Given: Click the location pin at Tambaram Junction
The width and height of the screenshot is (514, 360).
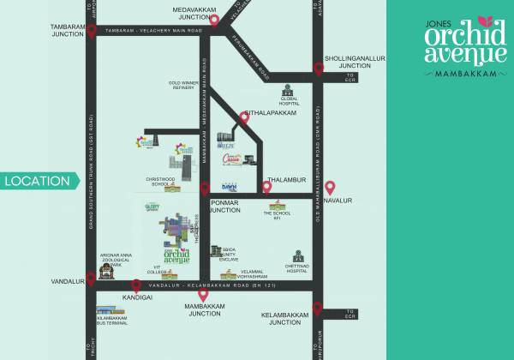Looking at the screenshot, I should (x=91, y=44).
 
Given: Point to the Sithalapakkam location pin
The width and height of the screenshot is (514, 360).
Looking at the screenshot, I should (x=244, y=120).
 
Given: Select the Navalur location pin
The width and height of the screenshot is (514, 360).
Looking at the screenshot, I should (x=330, y=189).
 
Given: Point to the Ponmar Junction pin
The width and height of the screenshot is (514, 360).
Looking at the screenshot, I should (x=204, y=189).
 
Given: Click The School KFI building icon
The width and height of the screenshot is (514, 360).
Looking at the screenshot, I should (x=277, y=207).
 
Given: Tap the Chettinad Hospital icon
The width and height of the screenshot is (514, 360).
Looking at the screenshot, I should (x=297, y=256).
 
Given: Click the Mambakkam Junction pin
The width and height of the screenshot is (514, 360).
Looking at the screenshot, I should (x=204, y=297).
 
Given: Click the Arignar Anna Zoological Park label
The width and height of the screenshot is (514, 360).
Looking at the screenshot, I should (x=118, y=259).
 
